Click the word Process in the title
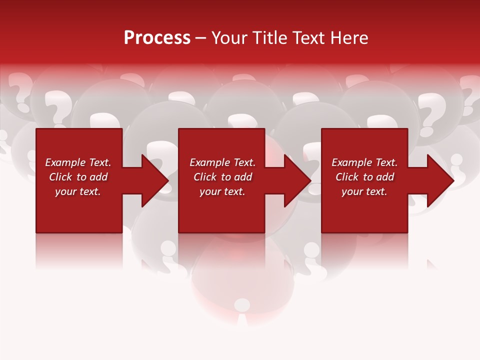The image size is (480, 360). pyautogui.click(x=157, y=38)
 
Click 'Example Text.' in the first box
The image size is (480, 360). pyautogui.click(x=78, y=162)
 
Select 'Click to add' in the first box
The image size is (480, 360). pyautogui.click(x=78, y=177)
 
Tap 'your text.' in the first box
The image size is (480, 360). pyautogui.click(x=78, y=191)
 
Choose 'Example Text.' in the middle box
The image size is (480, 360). pyautogui.click(x=222, y=162)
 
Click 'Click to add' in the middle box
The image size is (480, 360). pyautogui.click(x=222, y=177)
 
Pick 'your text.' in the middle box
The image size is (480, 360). pyautogui.click(x=222, y=191)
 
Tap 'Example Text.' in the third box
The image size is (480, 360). pyautogui.click(x=364, y=162)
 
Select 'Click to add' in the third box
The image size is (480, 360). pyautogui.click(x=364, y=177)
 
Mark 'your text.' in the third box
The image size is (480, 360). pyautogui.click(x=364, y=191)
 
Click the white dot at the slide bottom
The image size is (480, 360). pyautogui.click(x=242, y=304)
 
